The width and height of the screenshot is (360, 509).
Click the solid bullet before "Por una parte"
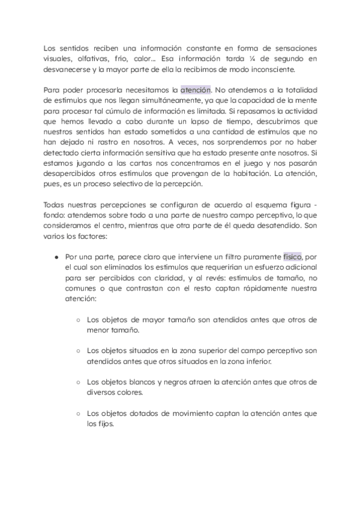(x=56, y=256)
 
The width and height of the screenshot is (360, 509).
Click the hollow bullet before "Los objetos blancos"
(x=79, y=382)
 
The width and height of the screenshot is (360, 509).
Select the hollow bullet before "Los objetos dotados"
(x=79, y=414)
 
